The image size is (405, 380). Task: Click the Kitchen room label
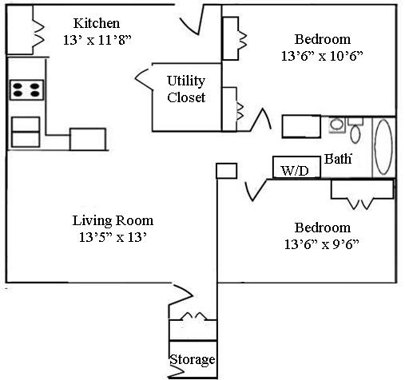click(x=97, y=23)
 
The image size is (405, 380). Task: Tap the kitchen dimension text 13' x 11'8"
click(x=97, y=40)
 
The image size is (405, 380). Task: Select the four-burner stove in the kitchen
click(x=26, y=90)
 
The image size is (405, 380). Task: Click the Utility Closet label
click(x=186, y=89)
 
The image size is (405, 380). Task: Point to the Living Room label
click(x=113, y=220)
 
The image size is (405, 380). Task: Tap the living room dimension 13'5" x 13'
click(x=113, y=237)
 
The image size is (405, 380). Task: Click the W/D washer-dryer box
click(x=296, y=167)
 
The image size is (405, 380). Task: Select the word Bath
click(x=338, y=159)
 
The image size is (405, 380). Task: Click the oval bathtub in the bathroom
click(x=383, y=147)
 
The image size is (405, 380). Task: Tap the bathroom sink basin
click(x=337, y=125)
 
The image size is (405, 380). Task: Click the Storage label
click(x=193, y=360)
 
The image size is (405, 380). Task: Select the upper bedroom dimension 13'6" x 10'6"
click(x=322, y=56)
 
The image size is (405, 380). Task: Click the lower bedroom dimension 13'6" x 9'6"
click(x=322, y=244)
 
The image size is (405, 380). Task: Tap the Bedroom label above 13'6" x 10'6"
click(x=323, y=39)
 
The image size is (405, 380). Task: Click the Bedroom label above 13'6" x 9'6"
click(x=323, y=228)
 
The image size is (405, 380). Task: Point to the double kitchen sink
click(x=26, y=132)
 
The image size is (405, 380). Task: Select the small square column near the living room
click(x=226, y=171)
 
